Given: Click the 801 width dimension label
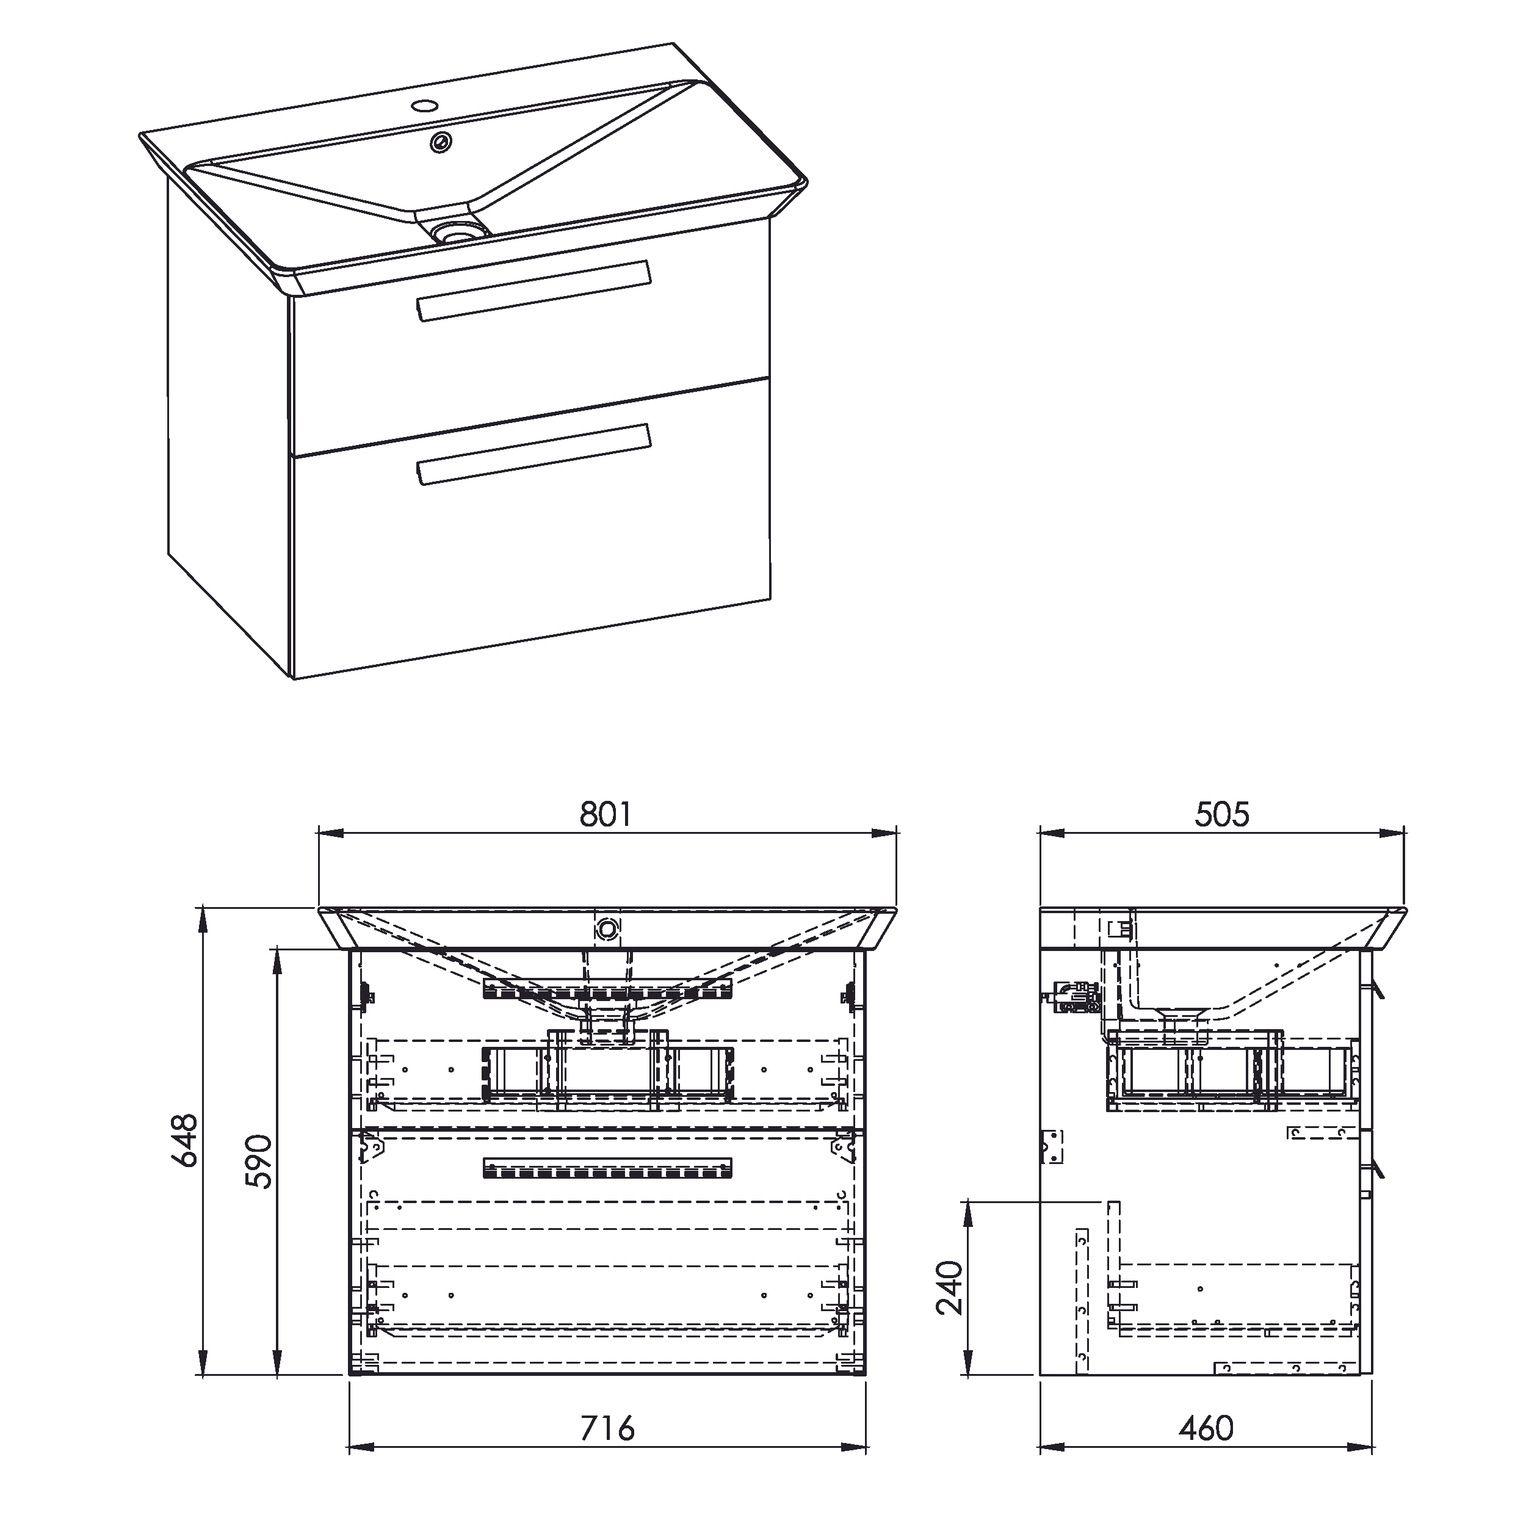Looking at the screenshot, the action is (606, 814).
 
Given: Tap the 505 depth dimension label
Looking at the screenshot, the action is (1222, 814).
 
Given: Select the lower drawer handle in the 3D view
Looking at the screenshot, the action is (532, 454).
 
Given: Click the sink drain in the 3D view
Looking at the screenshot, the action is (460, 231).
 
